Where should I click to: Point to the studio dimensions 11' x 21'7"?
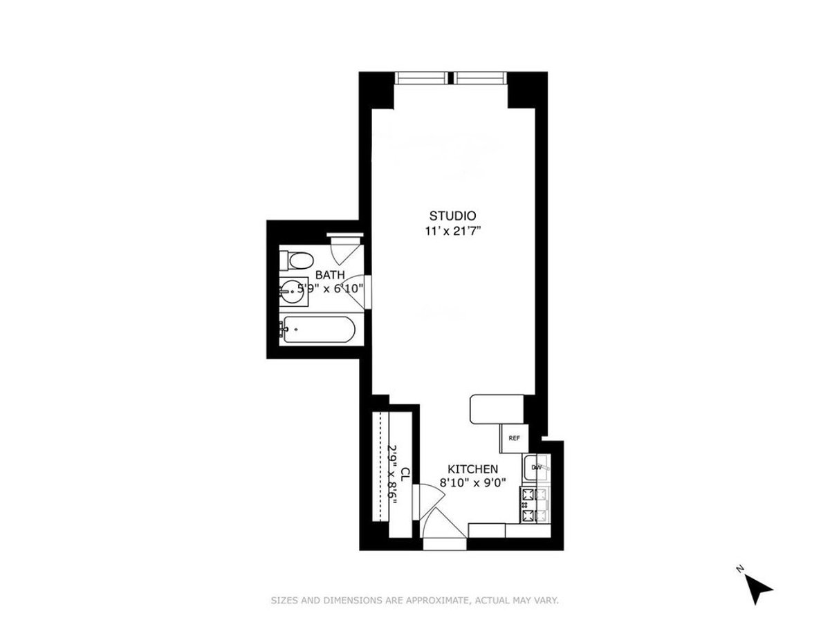coord(453,232)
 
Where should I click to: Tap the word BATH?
coord(330,274)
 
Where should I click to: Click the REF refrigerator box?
coord(514,438)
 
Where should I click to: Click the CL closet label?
coord(406,475)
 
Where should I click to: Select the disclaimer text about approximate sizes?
coord(414,601)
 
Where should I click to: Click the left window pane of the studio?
coord(421,77)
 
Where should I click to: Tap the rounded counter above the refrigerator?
coord(497,408)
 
